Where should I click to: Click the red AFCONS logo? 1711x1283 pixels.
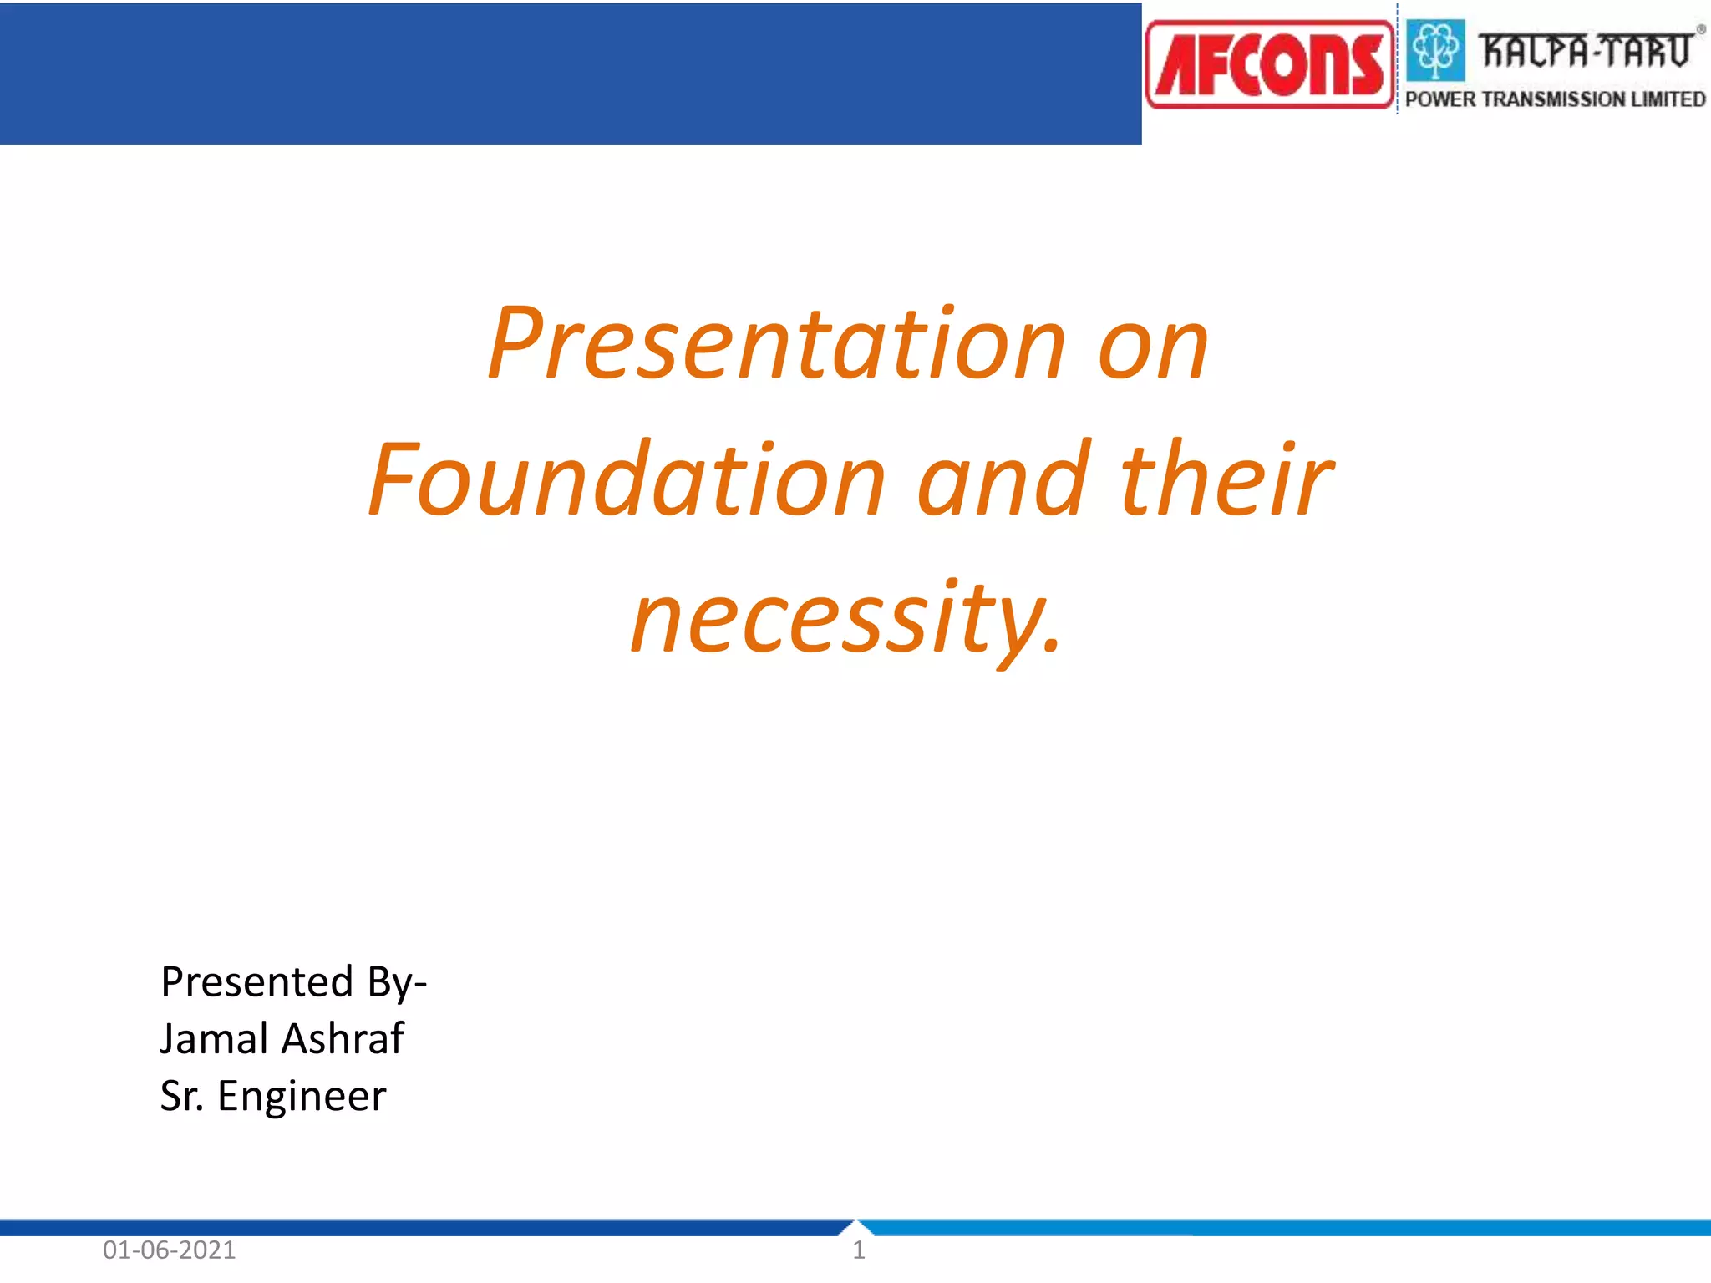pos(1270,65)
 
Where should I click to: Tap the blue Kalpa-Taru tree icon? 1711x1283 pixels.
pos(1435,50)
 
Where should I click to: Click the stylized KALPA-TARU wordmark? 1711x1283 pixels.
pos(1586,50)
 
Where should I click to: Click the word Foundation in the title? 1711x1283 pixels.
pos(627,480)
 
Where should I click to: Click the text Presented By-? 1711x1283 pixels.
pos(293,981)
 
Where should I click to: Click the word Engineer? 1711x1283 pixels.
pos(302,1097)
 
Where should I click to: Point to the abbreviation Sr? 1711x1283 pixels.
pos(180,1097)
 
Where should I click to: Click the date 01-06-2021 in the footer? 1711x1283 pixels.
pos(170,1250)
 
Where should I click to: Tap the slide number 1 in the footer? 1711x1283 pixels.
pos(858,1250)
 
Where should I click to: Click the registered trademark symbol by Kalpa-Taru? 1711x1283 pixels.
pos(1700,29)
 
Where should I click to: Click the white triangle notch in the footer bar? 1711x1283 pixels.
pos(855,1227)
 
